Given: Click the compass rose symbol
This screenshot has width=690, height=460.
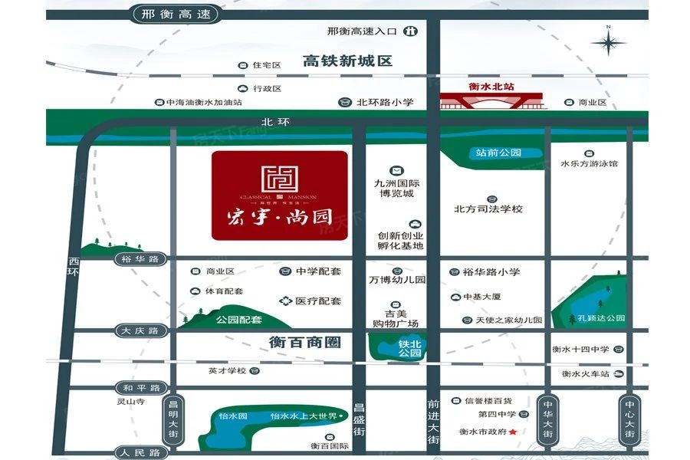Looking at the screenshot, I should click(608, 43).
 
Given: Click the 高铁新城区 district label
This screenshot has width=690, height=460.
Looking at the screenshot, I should click(347, 61).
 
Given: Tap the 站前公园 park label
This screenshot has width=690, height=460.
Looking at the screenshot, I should click(498, 153).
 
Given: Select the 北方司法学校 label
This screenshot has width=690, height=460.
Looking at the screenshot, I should click(488, 209).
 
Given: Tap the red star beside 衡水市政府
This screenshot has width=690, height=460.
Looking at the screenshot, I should click(513, 432).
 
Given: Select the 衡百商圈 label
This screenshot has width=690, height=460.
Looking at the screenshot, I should click(304, 342).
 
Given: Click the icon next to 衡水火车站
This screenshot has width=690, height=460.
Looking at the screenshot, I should click(616, 374).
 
